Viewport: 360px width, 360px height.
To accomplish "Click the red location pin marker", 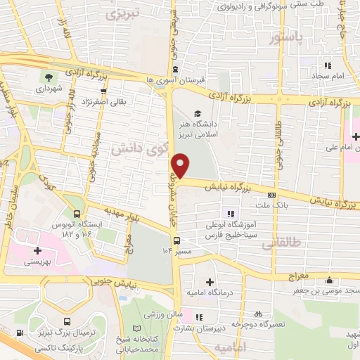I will [181, 165].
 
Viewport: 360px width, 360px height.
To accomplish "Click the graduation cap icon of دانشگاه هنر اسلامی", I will [198, 114].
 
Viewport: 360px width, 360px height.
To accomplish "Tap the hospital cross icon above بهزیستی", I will [35, 249].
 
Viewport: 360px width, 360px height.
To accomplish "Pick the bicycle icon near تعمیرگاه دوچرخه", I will [258, 314].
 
